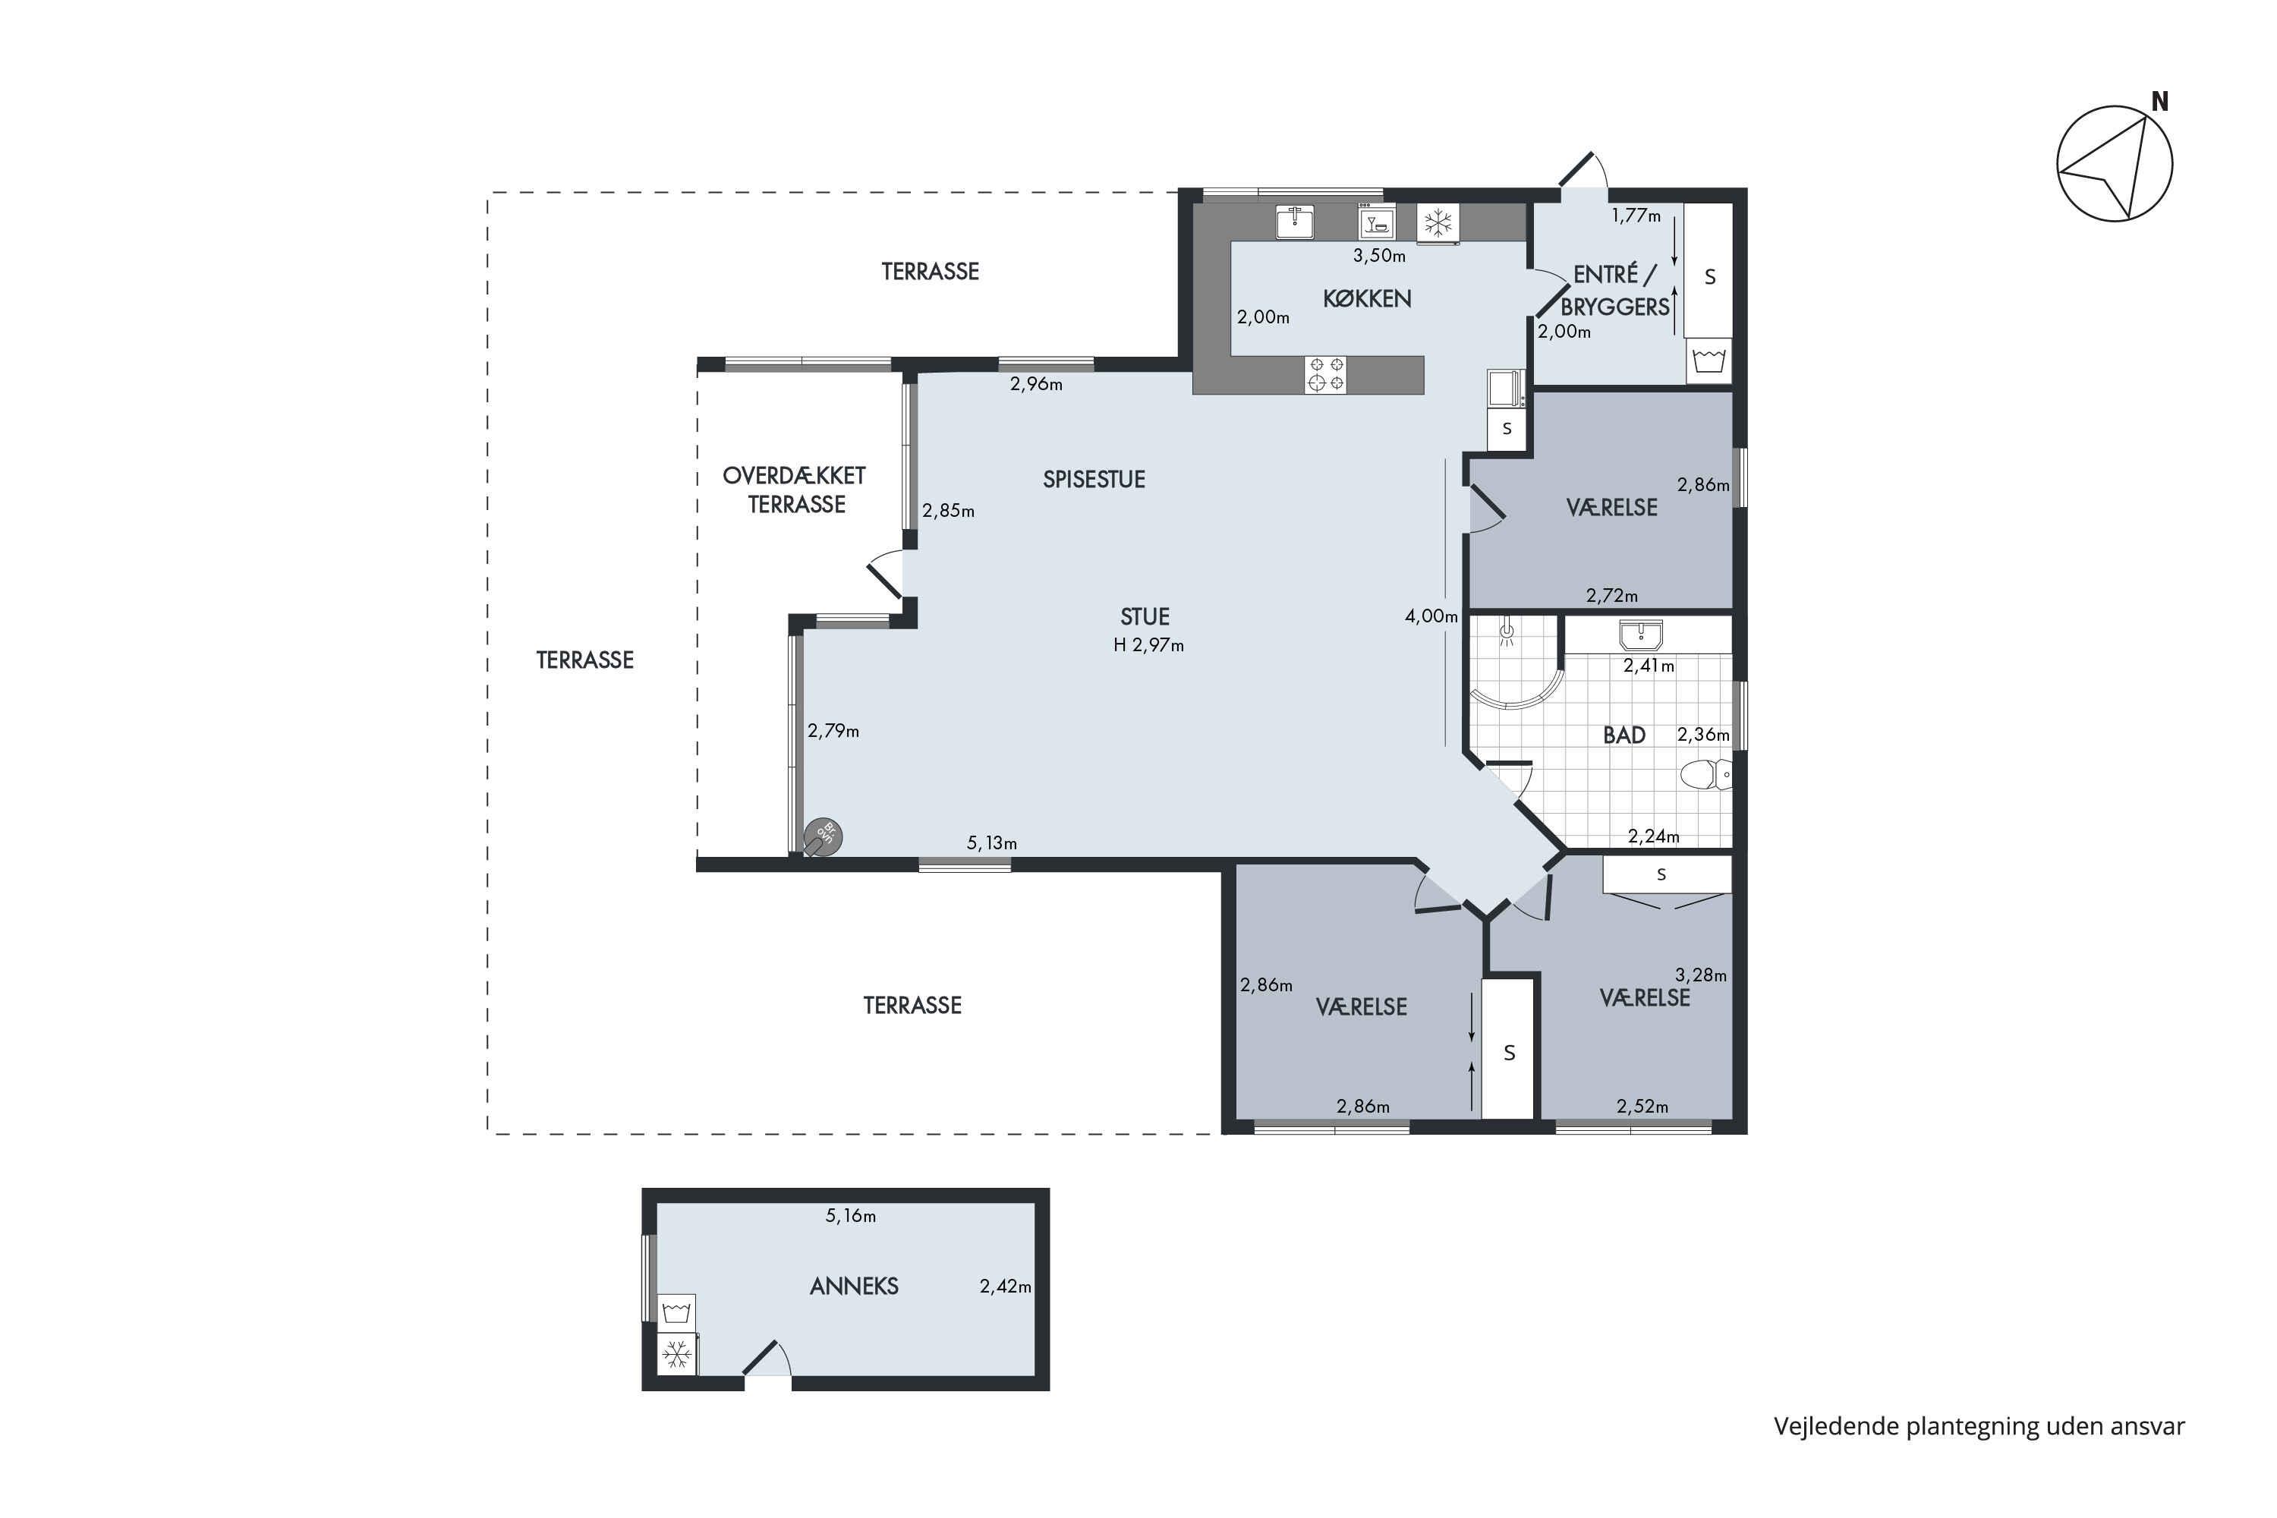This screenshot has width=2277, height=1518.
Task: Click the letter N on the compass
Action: tap(2160, 102)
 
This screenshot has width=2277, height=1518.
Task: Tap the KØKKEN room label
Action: tap(1367, 299)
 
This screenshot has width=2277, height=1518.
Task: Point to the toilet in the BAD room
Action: tap(1707, 774)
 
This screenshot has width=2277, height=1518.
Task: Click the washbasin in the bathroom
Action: tap(1641, 635)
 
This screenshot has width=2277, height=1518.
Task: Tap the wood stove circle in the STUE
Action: tap(823, 837)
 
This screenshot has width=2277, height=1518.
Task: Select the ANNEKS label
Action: tap(854, 1286)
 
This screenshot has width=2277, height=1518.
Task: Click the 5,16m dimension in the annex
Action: tap(850, 1216)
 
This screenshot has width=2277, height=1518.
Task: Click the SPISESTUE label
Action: tap(1094, 479)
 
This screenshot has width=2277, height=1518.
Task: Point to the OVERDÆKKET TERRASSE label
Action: tap(795, 490)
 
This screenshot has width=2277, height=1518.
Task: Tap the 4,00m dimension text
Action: tap(1431, 616)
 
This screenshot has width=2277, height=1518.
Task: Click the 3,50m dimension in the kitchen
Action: tap(1378, 256)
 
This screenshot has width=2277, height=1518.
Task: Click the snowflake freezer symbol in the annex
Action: tap(677, 1353)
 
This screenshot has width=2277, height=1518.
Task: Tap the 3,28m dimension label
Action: tap(1701, 975)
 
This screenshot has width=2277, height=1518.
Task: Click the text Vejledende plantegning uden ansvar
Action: tap(1979, 1426)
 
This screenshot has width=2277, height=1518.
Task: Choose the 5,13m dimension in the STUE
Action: tap(991, 843)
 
